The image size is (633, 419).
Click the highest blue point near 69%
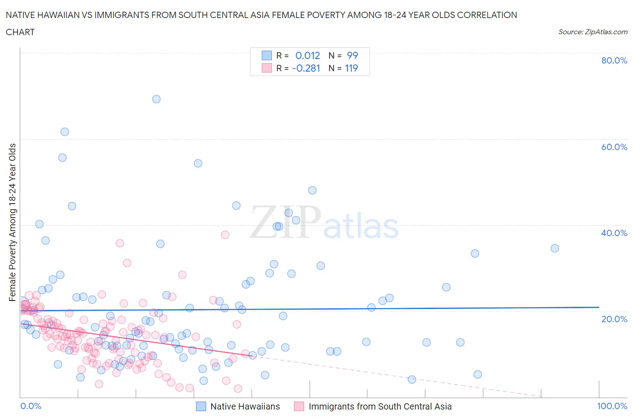(x=156, y=99)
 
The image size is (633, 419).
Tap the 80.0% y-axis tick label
(x=614, y=60)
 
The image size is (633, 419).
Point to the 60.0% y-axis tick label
(x=614, y=147)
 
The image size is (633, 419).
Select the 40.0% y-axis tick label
(x=614, y=233)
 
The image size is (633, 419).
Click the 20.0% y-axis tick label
(x=614, y=319)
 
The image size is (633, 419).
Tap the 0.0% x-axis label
(x=31, y=406)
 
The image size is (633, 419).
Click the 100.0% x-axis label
(x=612, y=406)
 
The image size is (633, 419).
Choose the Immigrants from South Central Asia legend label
(x=380, y=406)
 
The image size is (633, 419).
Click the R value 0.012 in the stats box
(x=307, y=55)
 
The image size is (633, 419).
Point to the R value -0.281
(x=306, y=68)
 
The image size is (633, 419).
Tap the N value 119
(x=351, y=68)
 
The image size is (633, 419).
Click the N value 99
(x=352, y=55)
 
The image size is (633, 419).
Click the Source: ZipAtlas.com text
(x=592, y=32)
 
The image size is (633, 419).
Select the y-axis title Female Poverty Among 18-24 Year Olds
(x=13, y=222)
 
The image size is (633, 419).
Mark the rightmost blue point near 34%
(x=555, y=248)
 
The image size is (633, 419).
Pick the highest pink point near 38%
(x=225, y=235)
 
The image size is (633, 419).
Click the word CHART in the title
(x=20, y=32)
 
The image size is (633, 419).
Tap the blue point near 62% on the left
(x=64, y=132)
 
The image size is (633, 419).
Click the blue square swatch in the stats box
(x=267, y=55)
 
